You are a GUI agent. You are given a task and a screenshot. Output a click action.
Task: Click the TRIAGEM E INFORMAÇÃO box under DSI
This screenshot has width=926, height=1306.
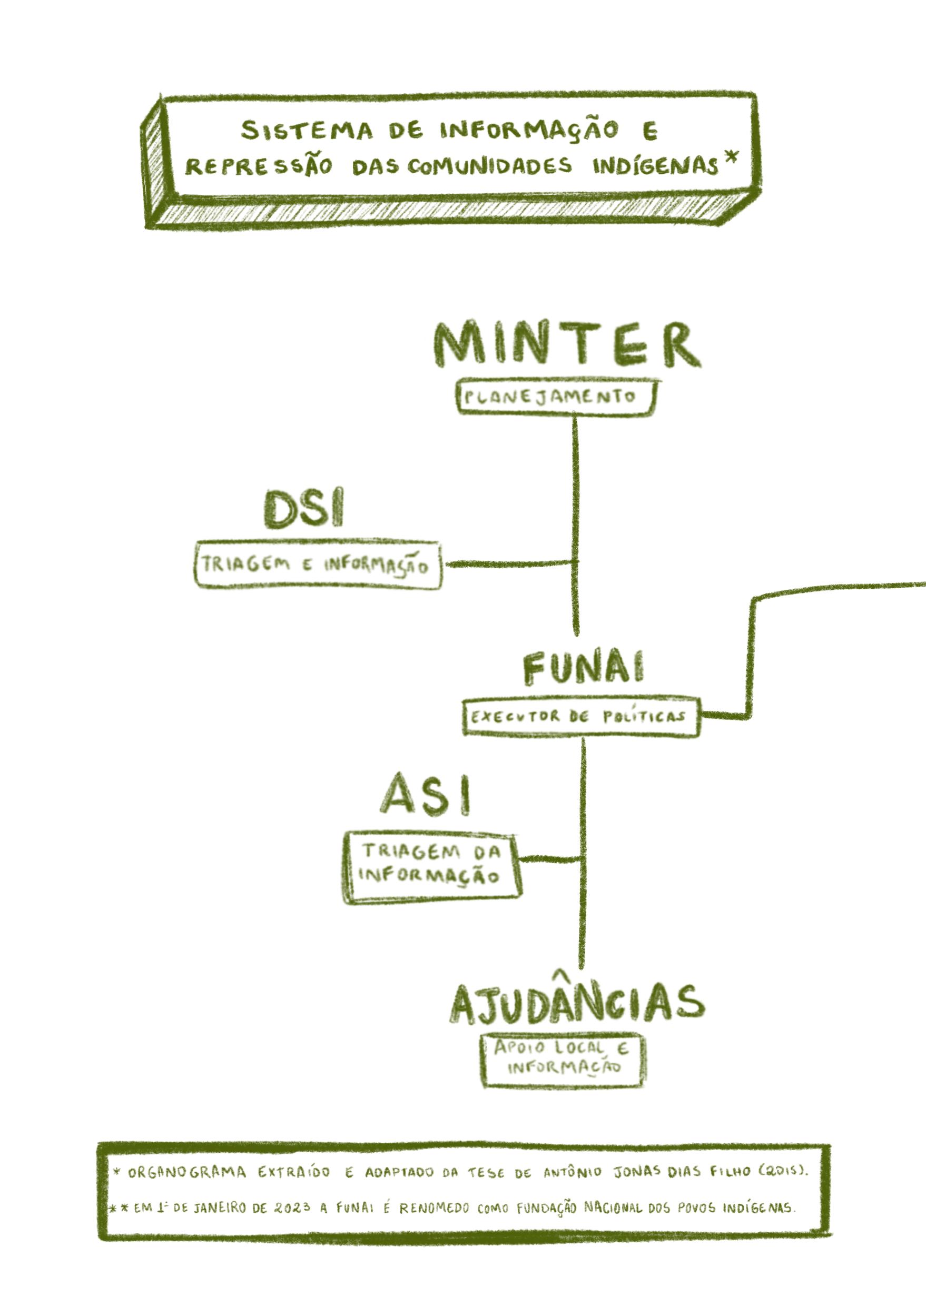[318, 565]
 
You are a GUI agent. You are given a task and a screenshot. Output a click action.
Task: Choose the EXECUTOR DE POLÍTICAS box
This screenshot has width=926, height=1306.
[580, 717]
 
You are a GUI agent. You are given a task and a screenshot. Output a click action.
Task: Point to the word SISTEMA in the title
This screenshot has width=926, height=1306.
[307, 131]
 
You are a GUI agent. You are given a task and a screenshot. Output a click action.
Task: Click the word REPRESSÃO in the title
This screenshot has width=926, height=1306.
[258, 166]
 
